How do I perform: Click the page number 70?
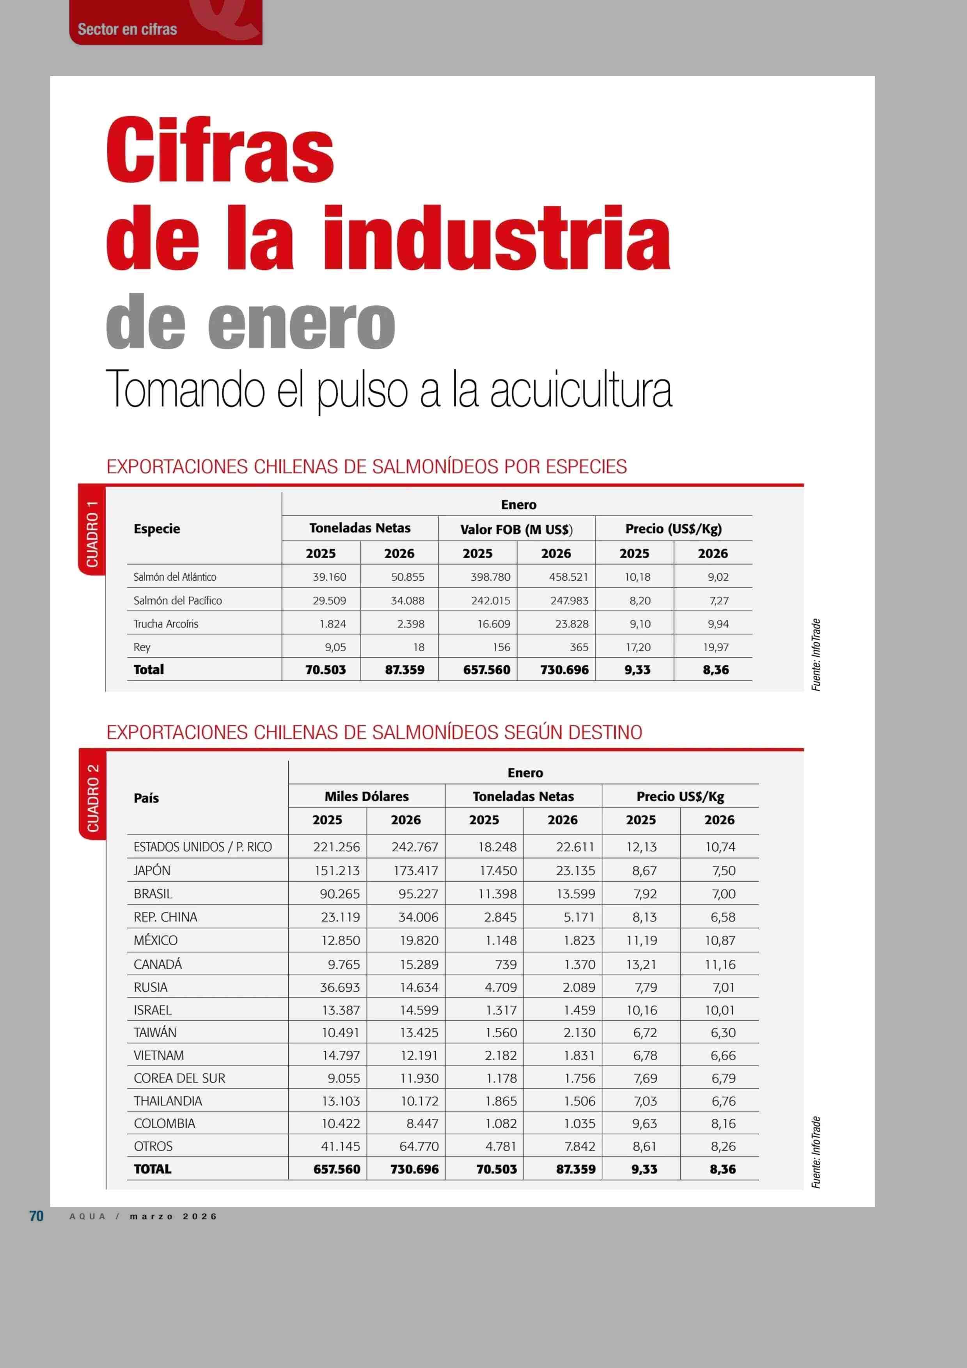(36, 1216)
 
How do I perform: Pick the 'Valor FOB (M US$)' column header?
(516, 529)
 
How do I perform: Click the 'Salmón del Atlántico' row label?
(175, 577)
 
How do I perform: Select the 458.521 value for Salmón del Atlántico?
(568, 577)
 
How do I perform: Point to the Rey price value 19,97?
(715, 647)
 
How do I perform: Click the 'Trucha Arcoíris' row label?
(166, 624)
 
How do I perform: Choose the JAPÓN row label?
(152, 870)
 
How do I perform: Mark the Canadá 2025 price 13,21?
(641, 964)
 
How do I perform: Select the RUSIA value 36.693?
(340, 987)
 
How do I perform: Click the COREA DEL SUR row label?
(179, 1078)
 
